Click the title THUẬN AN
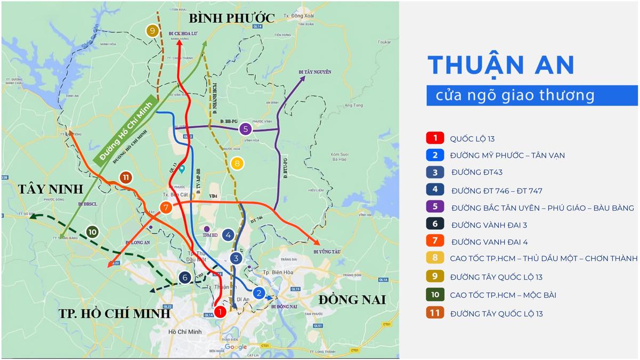tap(501, 65)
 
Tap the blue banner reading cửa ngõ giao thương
tap(531, 96)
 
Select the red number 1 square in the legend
tap(435, 138)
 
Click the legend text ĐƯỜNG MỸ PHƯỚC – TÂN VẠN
tap(507, 156)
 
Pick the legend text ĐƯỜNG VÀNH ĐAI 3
tap(488, 225)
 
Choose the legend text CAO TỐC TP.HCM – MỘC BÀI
tap(503, 294)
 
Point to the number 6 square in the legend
tap(435, 224)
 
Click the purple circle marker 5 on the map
tap(245, 128)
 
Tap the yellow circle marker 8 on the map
tap(237, 163)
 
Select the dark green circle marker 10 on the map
tap(92, 232)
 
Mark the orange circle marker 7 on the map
tap(166, 207)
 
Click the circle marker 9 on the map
tap(152, 31)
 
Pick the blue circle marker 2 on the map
tap(259, 292)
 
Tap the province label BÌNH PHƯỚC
tap(232, 18)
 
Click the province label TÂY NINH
tap(51, 189)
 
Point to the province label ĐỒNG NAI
tap(352, 300)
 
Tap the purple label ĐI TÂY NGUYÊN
tap(315, 71)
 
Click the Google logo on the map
tap(236, 347)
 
